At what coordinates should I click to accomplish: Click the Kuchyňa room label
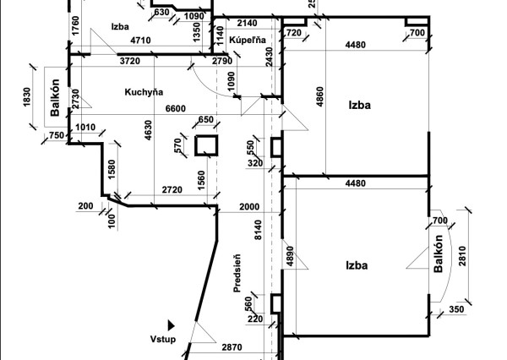pos(144,92)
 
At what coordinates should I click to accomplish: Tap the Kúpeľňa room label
pos(248,40)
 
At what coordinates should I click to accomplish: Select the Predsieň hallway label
pos(237,273)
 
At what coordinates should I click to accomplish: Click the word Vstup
pos(163,339)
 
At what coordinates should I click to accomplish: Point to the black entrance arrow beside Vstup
pos(171,325)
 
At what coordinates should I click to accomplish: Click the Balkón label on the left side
pos(55,97)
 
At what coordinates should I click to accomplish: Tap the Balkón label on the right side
pos(438,254)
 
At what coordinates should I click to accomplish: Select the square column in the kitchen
pos(206,145)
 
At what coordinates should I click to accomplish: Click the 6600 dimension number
pos(176,108)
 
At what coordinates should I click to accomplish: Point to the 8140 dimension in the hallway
pos(258,230)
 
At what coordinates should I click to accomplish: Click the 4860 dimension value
pos(319,96)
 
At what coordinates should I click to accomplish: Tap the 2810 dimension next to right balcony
pos(462,256)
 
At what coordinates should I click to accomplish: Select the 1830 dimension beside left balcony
pos(27,97)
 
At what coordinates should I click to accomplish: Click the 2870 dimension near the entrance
pos(232,347)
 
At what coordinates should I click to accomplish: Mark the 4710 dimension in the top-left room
pos(140,41)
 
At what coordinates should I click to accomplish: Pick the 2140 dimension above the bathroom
pos(247,23)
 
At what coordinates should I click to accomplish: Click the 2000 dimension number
pos(249,207)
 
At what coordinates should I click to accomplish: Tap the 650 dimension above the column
pos(205,120)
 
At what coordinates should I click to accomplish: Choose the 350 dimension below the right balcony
pos(456,309)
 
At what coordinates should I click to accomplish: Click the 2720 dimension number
pos(172,190)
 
